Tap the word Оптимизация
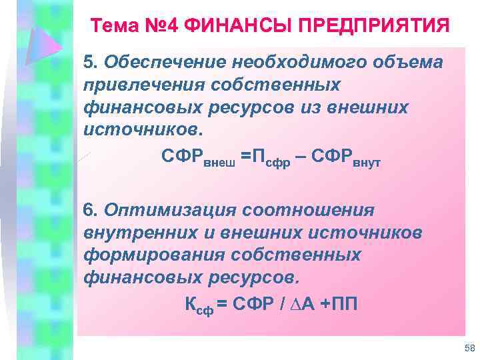(x=169, y=210)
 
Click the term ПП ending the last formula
(x=344, y=304)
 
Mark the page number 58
(x=468, y=349)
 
